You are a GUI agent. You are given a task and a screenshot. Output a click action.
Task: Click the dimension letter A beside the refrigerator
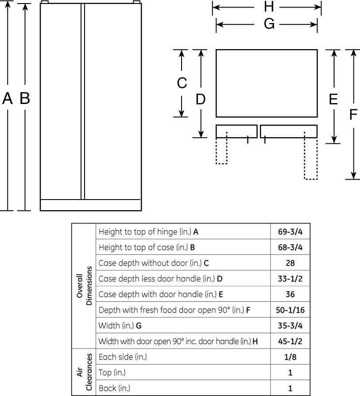point(8,98)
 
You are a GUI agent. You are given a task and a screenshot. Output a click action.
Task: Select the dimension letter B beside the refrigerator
point(25,98)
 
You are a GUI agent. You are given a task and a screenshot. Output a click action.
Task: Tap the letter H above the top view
point(269,6)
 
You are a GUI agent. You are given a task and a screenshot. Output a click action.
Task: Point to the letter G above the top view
point(269,24)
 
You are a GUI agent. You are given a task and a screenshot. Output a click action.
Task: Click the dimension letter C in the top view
point(182,83)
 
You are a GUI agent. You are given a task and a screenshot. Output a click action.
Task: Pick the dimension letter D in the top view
point(201,99)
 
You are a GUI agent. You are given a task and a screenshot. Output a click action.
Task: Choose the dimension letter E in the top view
point(333,99)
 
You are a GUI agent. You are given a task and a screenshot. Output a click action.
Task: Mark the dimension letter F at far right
point(353,115)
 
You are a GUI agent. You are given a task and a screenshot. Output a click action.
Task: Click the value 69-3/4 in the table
point(290,231)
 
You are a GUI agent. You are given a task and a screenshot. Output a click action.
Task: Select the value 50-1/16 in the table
point(290,310)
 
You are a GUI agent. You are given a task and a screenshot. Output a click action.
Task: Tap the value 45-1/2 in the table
point(290,341)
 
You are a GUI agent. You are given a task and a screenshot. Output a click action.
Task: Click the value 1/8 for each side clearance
point(290,357)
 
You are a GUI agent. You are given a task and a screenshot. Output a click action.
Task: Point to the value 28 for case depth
point(290,263)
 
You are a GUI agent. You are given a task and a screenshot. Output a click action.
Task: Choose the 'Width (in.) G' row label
point(120,326)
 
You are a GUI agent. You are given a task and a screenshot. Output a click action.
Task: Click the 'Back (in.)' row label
point(114,388)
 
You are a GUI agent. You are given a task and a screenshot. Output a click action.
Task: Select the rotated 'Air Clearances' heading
point(84,372)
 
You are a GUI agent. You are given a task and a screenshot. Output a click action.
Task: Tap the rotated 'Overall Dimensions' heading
point(84,286)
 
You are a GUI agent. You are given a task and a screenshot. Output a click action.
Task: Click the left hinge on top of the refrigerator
point(44,2)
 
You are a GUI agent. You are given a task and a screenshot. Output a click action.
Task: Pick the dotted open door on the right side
point(311,156)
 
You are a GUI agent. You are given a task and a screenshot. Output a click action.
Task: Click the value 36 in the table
point(290,294)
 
